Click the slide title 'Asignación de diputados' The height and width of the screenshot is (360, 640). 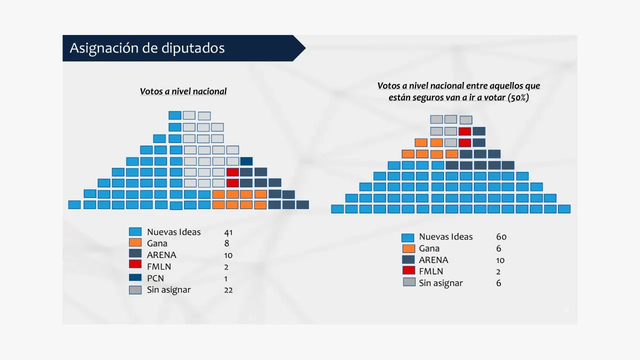coord(147,48)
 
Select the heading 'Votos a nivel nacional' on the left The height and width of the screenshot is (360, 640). coord(183,91)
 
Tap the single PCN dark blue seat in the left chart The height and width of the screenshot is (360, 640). coord(246,161)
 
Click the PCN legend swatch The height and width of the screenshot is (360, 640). coord(135,277)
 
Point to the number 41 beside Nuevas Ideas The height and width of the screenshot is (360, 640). coord(228,232)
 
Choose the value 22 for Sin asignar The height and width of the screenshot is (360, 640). coord(228,290)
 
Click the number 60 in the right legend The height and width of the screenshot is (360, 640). coord(501,237)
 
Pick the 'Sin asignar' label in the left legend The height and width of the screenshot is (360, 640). coord(168,290)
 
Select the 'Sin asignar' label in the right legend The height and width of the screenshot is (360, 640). coord(440,283)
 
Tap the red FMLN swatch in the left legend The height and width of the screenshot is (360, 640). coord(135,264)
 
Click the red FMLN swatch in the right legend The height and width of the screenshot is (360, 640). coord(408,270)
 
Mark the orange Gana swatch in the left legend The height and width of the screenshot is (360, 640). coord(135,242)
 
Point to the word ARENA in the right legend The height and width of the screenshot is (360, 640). coord(433,260)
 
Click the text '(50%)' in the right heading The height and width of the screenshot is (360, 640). coord(518,98)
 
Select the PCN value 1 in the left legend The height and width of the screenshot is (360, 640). coord(226,278)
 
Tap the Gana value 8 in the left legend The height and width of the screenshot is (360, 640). coord(227,243)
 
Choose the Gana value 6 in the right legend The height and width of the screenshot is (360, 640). coord(498,248)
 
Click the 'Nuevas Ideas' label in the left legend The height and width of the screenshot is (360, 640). coord(173,232)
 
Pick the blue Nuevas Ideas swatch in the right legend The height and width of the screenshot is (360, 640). coord(407,237)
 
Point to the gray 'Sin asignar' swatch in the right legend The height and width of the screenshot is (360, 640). coord(409,282)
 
